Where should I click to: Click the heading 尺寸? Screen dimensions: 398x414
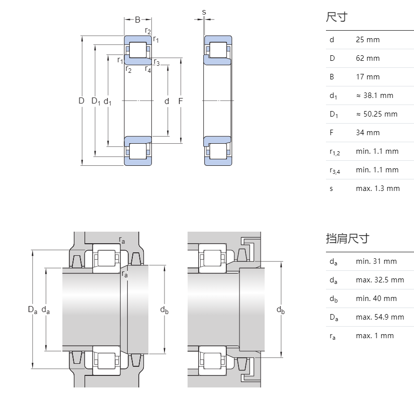coord(337,18)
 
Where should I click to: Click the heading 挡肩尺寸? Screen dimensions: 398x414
coord(347,238)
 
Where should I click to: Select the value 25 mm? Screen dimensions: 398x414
coord(368,40)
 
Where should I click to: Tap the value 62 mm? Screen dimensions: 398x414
coord(368,58)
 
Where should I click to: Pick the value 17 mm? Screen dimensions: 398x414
coord(368,77)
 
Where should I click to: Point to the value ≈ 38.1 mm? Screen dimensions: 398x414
coord(374,95)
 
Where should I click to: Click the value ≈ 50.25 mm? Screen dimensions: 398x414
coord(376,114)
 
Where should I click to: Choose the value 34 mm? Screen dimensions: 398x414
coord(368,133)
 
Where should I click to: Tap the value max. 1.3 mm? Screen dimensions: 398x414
coord(377,188)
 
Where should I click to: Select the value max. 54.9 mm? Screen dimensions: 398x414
coord(380,317)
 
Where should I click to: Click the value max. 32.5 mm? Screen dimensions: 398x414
coord(380,280)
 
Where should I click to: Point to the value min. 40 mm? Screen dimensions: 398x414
coord(376,298)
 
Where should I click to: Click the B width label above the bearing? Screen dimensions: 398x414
coord(137,20)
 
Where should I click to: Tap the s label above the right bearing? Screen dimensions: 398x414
coord(204,12)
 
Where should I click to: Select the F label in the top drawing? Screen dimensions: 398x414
coord(180,101)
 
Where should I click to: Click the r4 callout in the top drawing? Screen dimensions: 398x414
coord(148,69)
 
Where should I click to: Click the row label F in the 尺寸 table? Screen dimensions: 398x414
coord(332,133)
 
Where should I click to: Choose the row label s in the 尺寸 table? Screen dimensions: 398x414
coord(331,189)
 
